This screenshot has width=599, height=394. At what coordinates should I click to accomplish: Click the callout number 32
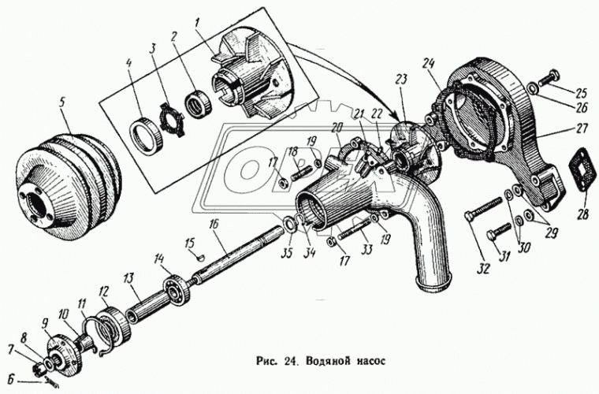click(482, 268)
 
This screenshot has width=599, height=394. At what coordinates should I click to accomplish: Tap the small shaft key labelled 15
click(199, 255)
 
